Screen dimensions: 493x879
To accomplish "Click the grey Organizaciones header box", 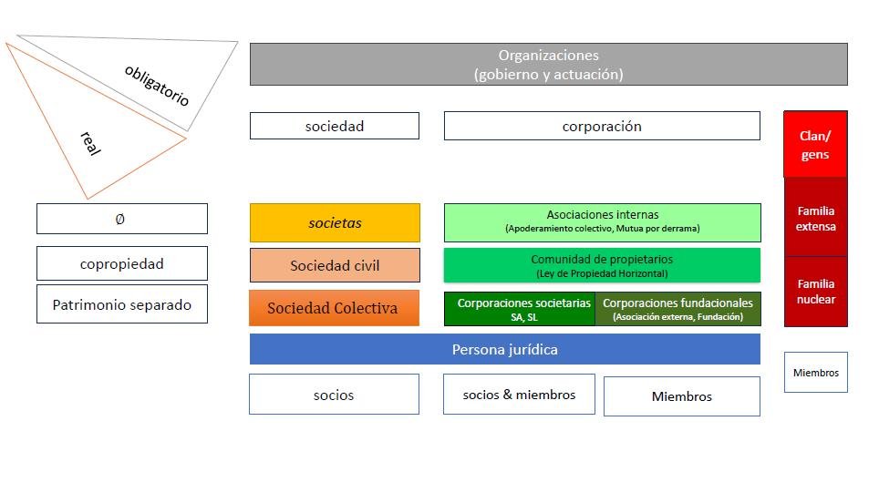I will point(548,65).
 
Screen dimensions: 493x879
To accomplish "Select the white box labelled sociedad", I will point(334,127).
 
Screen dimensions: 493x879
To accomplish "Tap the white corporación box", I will point(601,127).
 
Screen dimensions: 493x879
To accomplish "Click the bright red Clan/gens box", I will point(815,145).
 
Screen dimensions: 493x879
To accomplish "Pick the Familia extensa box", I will point(815,219).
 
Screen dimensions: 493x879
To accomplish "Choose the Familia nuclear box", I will point(815,292).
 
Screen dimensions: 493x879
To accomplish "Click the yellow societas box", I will point(335,223).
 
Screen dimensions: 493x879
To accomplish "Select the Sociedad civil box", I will point(335,265).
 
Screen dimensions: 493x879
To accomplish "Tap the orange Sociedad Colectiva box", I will point(334,308).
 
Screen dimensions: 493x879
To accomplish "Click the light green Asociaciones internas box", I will point(602,222).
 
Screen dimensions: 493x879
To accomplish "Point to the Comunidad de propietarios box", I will point(602,265).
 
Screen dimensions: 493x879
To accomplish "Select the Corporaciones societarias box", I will point(520,309).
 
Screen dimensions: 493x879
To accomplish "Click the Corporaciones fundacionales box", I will point(677,309).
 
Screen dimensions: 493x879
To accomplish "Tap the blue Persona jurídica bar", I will point(504,349).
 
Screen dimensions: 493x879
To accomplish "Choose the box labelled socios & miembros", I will point(519,395).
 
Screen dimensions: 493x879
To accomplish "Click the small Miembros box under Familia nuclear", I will point(815,373).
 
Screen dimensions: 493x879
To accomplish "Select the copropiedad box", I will point(121,263).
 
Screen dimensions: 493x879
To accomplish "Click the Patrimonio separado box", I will point(121,304).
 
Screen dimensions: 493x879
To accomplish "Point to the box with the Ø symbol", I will point(121,219).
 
